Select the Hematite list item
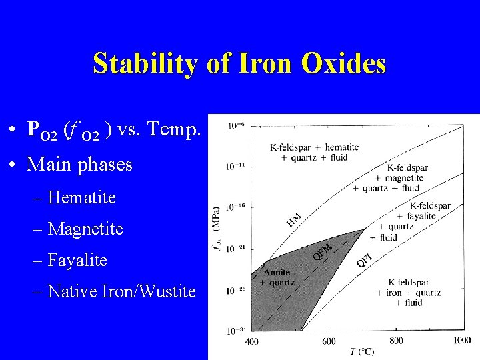[82, 198]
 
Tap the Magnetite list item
[85, 229]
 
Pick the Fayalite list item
[77, 260]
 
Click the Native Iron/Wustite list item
[122, 291]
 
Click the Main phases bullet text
[79, 164]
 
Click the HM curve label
[293, 219]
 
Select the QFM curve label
[321, 251]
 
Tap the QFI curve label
[363, 260]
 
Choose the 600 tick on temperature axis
[328, 341]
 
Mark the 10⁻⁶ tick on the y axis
[235, 125]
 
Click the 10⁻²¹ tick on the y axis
[235, 249]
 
